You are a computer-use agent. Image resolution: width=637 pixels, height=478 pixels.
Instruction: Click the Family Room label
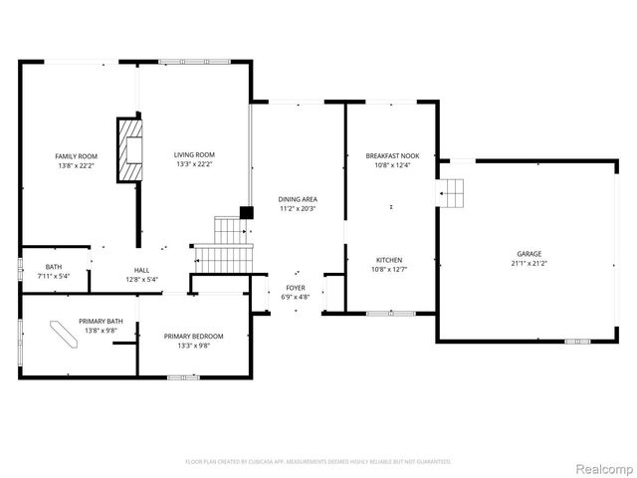point(76,155)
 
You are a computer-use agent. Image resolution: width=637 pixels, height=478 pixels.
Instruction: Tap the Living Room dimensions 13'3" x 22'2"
point(195,165)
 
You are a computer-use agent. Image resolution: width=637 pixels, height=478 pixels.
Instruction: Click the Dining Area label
point(297,199)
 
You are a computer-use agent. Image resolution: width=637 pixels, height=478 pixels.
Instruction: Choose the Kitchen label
point(389,259)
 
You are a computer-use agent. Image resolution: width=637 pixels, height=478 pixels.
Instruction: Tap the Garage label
point(529,254)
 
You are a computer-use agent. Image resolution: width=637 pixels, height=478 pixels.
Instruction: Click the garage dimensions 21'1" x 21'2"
point(529,264)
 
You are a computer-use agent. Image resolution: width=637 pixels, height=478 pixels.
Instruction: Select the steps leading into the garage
point(453,191)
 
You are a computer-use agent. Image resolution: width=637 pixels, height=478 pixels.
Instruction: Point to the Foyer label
point(297,287)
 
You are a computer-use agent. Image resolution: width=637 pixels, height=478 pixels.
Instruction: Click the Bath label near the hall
point(53,266)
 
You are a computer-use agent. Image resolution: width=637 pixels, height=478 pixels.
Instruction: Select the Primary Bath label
point(102,321)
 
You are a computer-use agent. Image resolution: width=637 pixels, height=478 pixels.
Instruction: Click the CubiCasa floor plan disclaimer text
point(318,462)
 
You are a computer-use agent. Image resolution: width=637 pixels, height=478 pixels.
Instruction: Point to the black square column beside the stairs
point(245,213)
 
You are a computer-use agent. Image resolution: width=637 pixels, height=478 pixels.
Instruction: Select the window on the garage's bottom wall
point(577,342)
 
